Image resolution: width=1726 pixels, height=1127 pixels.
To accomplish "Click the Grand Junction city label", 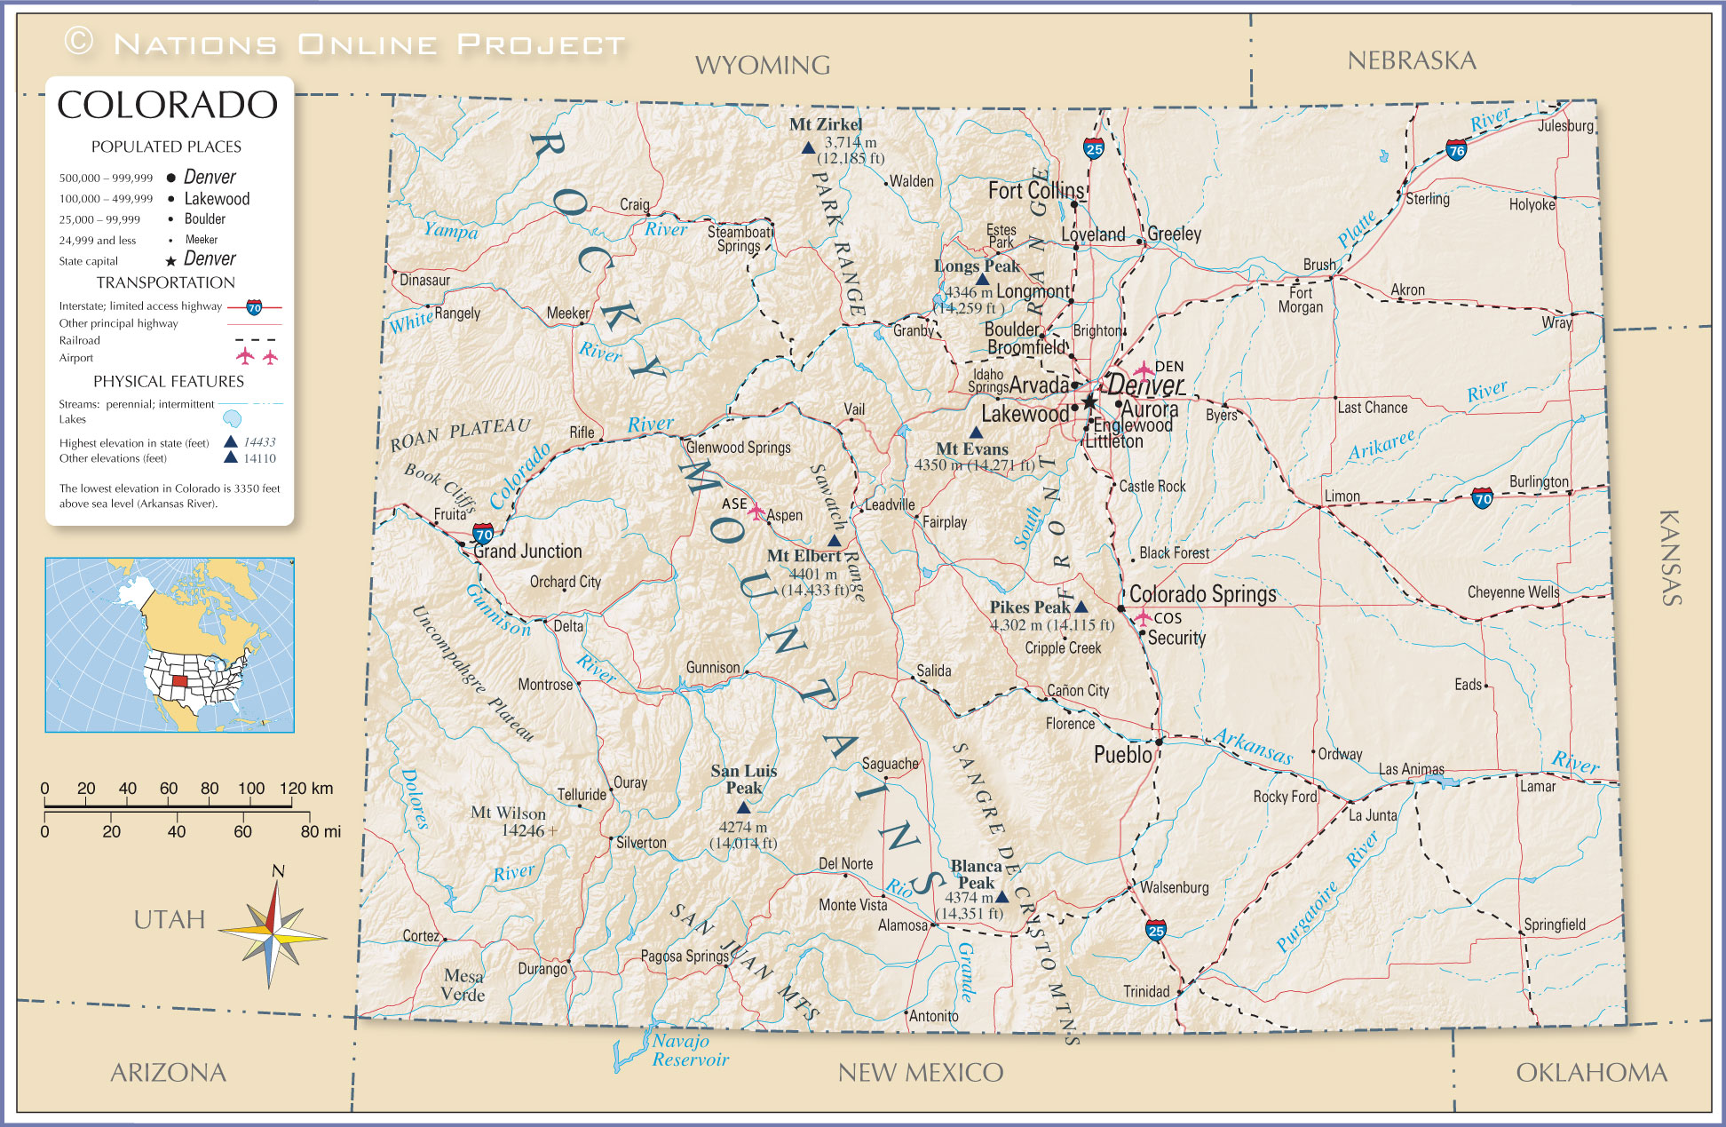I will click(527, 552).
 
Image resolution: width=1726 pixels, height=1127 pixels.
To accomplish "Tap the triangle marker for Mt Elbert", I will click(834, 540).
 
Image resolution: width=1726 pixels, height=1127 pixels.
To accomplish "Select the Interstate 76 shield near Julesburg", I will click(1456, 150).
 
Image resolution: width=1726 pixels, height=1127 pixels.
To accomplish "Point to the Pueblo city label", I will click(1122, 755).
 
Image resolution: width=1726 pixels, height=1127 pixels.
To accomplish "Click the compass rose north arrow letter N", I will click(278, 871).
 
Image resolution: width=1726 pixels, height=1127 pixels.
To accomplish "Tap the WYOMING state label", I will click(762, 65).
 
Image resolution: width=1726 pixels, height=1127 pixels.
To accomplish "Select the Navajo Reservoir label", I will click(689, 1050).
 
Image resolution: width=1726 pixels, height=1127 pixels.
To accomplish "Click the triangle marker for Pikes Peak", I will click(1081, 607).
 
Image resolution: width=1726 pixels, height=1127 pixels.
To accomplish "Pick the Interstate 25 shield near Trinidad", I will click(1155, 930).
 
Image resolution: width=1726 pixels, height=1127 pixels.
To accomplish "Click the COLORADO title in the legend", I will click(167, 105).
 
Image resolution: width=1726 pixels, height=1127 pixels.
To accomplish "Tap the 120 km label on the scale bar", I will click(306, 789).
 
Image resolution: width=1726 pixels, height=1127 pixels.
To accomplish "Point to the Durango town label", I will click(542, 969).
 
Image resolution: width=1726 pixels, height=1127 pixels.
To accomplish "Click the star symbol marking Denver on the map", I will click(1089, 401).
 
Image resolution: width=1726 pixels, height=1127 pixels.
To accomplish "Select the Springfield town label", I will click(1554, 925).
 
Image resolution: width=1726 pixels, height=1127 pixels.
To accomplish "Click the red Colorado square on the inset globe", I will click(179, 681).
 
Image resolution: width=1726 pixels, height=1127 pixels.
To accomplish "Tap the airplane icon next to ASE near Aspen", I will click(756, 512).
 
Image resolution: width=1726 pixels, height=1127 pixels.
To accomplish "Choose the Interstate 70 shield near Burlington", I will click(1482, 498).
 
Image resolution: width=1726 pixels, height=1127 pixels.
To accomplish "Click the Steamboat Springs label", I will click(739, 239).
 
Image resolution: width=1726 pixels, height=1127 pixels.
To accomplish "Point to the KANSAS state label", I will click(1670, 558).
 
